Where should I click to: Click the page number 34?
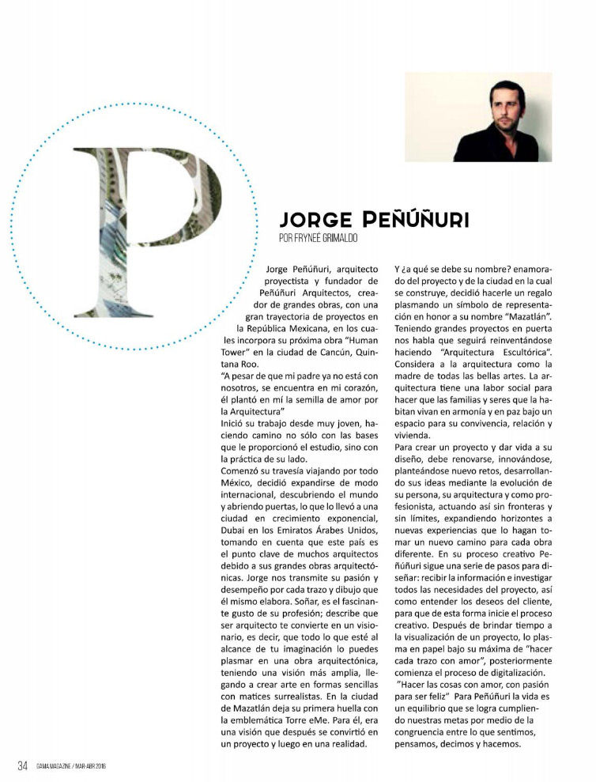[24, 765]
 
